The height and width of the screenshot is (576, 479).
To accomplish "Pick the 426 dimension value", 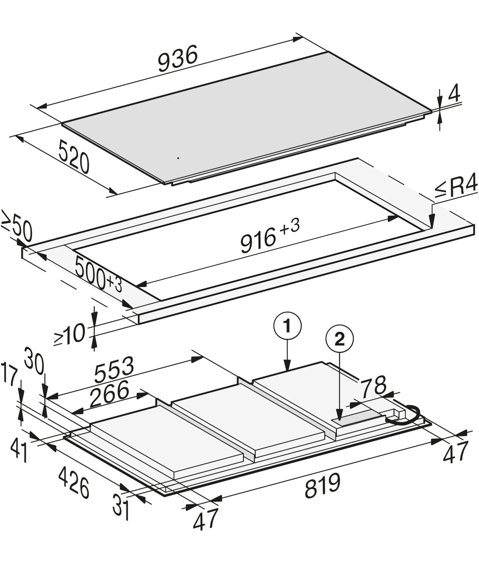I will click(74, 481).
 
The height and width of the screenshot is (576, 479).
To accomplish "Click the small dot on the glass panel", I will click(178, 158).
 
